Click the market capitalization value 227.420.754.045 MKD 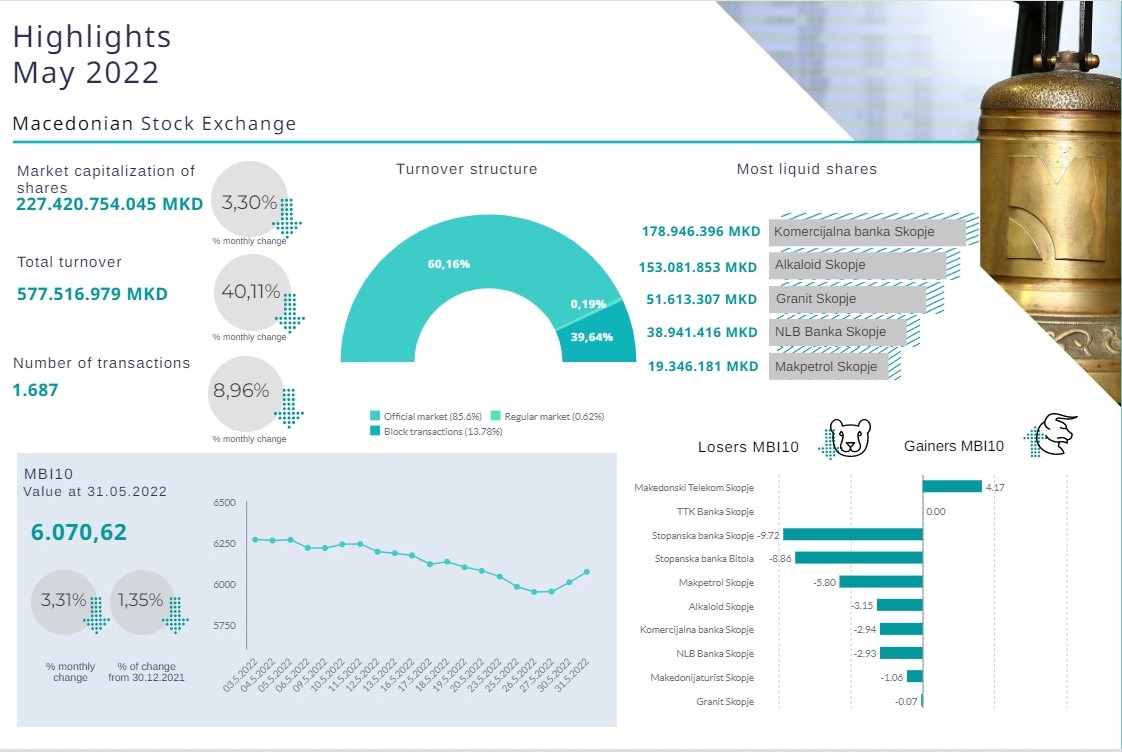(109, 204)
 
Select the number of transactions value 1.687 (36, 390)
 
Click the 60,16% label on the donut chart (449, 264)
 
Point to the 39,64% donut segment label (591, 337)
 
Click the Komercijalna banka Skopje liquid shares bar (866, 232)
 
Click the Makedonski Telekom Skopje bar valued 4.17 (951, 487)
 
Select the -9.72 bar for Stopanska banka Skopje (852, 535)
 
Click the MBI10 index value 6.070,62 (79, 532)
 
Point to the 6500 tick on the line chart (224, 503)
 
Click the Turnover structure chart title (466, 169)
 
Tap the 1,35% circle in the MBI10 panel (143, 601)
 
